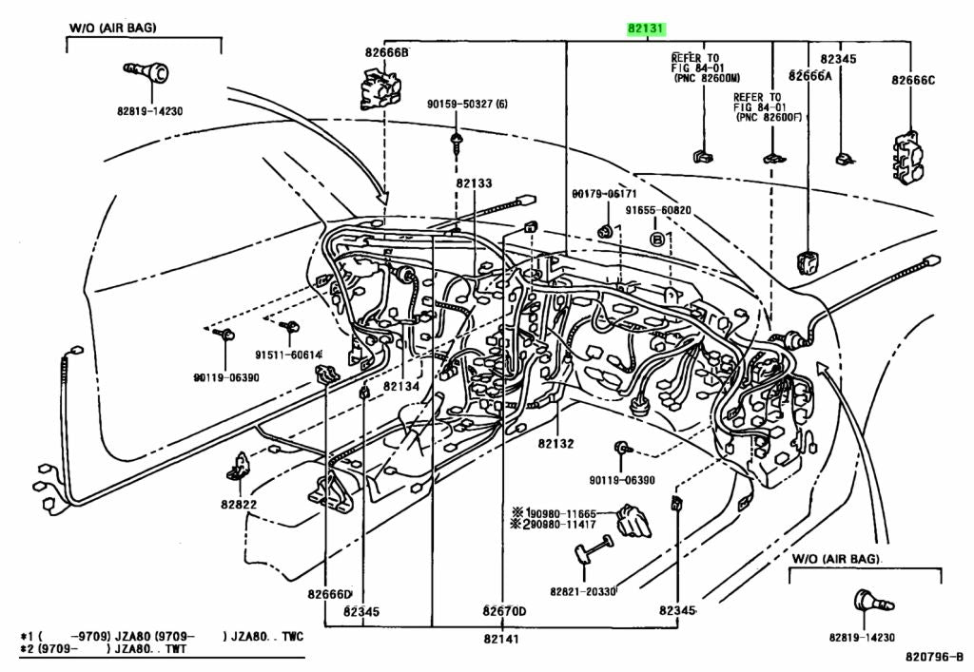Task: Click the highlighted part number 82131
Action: (x=647, y=29)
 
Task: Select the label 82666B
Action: (x=385, y=51)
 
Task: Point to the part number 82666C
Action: (x=913, y=80)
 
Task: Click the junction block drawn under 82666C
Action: (x=908, y=157)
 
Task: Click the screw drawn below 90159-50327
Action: (x=458, y=144)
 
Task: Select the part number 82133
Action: (x=474, y=182)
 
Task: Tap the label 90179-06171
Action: (x=604, y=194)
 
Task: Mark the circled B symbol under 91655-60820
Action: (x=656, y=237)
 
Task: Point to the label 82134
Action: (x=401, y=387)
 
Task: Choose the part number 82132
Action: (x=555, y=443)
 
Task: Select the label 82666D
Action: (x=329, y=594)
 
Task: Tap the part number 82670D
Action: (x=504, y=610)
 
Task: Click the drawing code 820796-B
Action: (x=934, y=656)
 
